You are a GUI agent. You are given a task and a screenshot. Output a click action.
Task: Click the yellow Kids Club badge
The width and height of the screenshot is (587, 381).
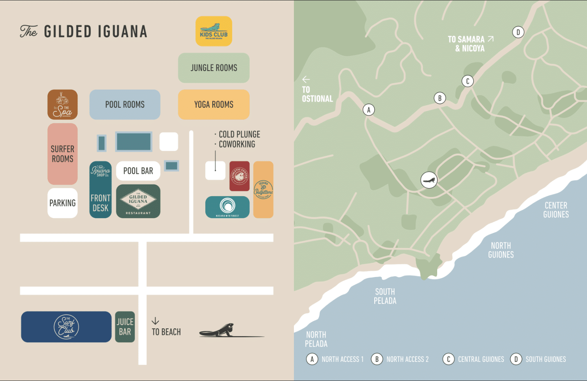click(x=213, y=31)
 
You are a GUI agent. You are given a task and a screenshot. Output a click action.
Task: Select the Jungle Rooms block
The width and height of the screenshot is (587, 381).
click(x=213, y=68)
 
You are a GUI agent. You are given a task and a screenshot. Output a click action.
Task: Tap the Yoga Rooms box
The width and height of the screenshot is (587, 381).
click(x=213, y=104)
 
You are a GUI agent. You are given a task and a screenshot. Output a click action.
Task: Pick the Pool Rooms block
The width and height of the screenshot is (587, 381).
click(x=125, y=104)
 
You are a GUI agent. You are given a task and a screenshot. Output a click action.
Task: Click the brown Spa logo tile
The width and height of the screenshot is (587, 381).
click(x=62, y=104)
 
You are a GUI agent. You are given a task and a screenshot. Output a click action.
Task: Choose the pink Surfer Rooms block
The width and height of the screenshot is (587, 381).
click(x=62, y=154)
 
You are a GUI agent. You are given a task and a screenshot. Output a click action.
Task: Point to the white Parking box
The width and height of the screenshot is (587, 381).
click(x=62, y=203)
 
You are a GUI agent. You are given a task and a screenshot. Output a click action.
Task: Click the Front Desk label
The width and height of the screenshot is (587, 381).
click(x=100, y=203)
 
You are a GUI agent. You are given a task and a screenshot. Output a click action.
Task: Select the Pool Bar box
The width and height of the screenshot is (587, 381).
click(x=138, y=171)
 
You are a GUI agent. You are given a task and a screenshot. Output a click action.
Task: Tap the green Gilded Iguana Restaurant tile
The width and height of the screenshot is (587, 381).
click(x=138, y=201)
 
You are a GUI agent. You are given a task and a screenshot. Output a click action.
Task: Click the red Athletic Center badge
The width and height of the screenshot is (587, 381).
click(x=239, y=176)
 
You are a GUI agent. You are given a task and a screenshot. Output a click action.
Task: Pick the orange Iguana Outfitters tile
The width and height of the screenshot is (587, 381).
click(x=263, y=189)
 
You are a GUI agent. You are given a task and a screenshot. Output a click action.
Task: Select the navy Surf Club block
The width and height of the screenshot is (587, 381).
click(x=66, y=327)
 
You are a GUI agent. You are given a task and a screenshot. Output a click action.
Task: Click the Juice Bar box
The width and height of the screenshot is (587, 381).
click(x=125, y=327)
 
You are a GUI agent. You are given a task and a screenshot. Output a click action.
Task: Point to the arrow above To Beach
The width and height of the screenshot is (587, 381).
click(x=155, y=321)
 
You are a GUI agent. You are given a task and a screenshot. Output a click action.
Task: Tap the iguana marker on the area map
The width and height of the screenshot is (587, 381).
click(x=429, y=180)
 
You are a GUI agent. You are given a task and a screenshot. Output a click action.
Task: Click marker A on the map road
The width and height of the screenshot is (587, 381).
click(x=369, y=110)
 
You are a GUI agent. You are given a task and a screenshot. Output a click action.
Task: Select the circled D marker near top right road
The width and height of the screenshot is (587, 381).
click(x=518, y=32)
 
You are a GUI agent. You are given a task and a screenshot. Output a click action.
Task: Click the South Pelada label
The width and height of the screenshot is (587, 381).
click(x=385, y=296)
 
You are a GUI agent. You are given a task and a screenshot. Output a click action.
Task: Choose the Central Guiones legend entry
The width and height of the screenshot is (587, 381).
click(x=474, y=359)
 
